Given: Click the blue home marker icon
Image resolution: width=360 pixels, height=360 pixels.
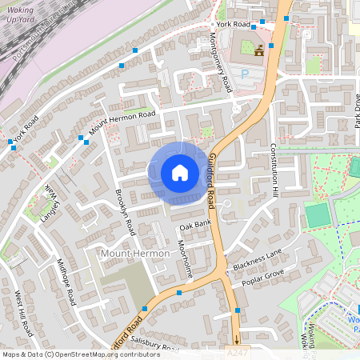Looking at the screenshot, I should tap(180, 173).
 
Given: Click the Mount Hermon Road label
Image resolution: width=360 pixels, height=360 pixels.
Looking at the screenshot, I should tap(122, 122).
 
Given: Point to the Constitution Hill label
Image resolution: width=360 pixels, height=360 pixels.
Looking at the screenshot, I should tap(273, 170).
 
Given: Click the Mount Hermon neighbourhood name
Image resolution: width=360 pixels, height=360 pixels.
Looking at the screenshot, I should tap(135, 254).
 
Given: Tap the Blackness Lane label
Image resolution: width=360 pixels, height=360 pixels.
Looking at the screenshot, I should tap(258, 258).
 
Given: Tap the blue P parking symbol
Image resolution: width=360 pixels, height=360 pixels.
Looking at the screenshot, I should tap(246, 73).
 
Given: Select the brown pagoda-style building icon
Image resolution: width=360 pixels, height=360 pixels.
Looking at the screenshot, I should tap(260, 51).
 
